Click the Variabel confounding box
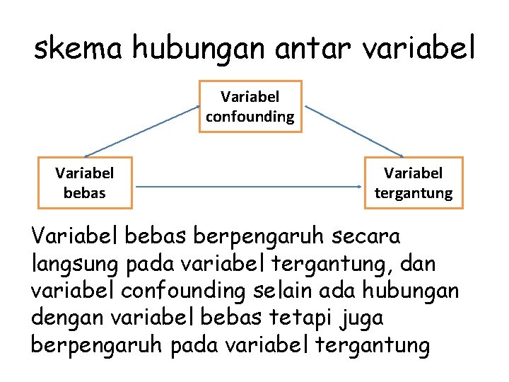[x=250, y=106]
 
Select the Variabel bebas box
[x=85, y=183]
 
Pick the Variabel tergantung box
[x=414, y=183]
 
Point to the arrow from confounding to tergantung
[x=353, y=132]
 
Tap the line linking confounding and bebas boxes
[x=141, y=132]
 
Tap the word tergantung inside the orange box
[x=414, y=192]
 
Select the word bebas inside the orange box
[x=85, y=192]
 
